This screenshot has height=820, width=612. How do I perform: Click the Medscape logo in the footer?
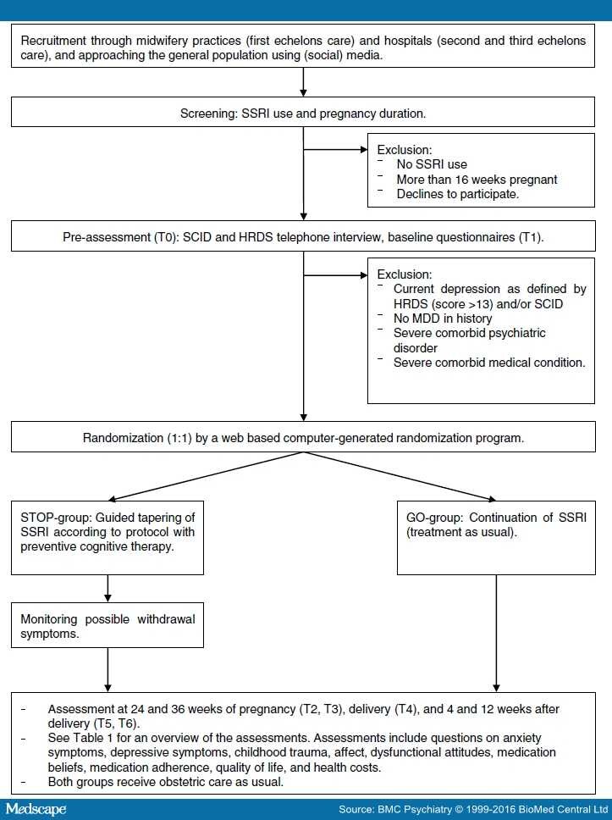tap(36, 809)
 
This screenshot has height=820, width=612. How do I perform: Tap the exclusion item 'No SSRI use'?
tap(432, 164)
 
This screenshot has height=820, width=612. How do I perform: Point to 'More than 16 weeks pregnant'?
tap(477, 180)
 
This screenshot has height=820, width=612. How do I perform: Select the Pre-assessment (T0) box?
tap(305, 237)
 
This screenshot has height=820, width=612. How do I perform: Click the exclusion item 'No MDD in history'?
tap(446, 319)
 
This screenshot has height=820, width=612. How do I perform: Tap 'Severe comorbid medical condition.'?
tap(488, 363)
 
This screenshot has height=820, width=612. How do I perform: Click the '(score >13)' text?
tap(467, 304)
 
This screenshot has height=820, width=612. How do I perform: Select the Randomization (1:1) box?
tap(305, 438)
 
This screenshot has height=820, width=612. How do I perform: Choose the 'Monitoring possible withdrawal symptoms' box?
tap(108, 626)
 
